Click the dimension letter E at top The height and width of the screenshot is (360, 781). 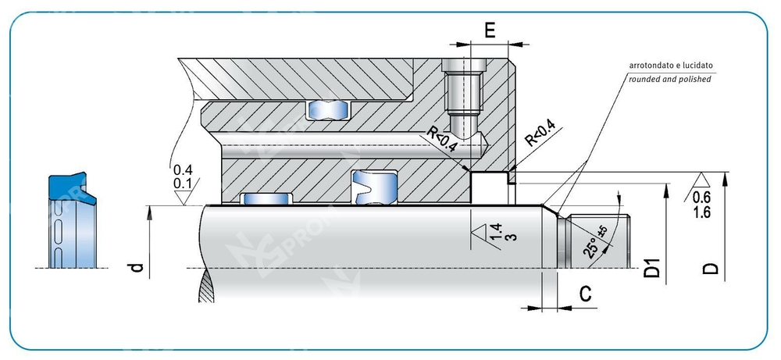pos(490,30)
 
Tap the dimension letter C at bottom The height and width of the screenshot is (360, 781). pos(584,294)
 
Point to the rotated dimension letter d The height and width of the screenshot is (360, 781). pos(137,268)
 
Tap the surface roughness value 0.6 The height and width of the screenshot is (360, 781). pos(701,197)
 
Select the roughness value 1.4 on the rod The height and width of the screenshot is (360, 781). pos(495,231)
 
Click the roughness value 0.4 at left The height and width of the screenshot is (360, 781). pos(182,170)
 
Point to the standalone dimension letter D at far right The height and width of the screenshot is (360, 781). pos(710,269)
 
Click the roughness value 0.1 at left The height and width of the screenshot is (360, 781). pos(182,184)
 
